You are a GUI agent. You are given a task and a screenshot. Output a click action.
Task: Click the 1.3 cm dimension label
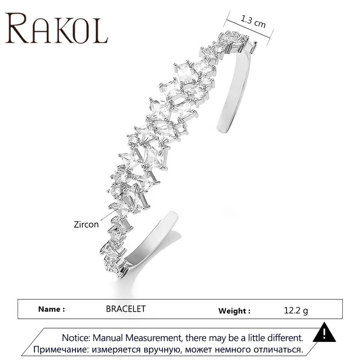pos(253,21)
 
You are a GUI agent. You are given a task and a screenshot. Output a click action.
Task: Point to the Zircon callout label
pos(86,224)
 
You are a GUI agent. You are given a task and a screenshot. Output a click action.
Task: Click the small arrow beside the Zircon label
pos(108,216)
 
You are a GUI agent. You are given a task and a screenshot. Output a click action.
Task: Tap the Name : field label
pos(51,309)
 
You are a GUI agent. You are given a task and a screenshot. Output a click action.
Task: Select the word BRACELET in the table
pos(126,309)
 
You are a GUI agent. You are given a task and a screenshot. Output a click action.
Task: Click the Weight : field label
pos(234,311)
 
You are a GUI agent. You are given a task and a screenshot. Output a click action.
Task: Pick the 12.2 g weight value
pos(296,310)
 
